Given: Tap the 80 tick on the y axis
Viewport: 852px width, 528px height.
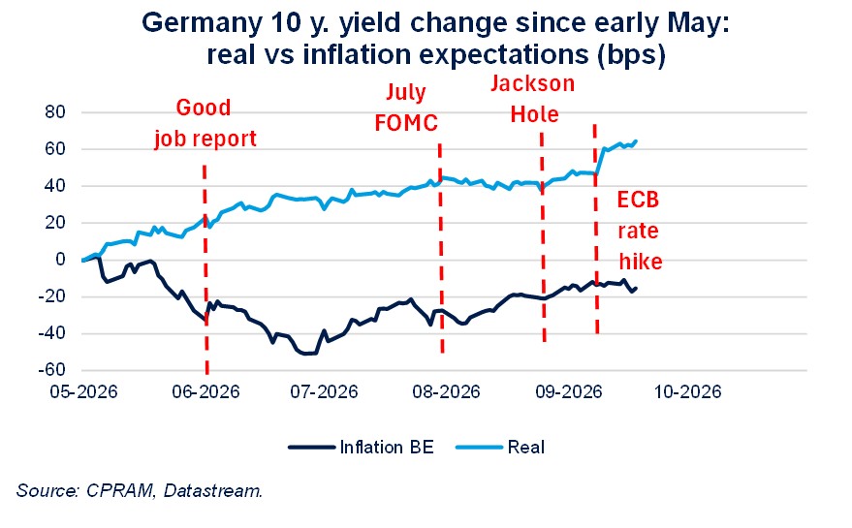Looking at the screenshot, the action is pos(54,112).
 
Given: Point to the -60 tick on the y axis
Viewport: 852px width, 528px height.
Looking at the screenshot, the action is pos(51,369).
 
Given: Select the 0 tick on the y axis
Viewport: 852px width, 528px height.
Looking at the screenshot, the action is pos(60,259).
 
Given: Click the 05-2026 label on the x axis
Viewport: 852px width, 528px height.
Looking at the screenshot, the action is pos(83,391).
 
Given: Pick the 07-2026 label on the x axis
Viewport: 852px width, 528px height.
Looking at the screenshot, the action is pos(325,391).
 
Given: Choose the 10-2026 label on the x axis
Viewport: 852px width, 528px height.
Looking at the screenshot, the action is pos(687,391).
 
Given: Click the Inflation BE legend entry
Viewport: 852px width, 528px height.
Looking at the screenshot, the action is pos(362,447).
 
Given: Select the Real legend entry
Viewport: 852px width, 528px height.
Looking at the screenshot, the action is pos(500,447).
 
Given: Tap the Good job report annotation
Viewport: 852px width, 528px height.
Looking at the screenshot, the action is pos(205,123).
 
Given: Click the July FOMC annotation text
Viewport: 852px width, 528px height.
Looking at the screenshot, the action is pos(406,108).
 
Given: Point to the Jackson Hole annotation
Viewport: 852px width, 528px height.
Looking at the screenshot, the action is pos(533,99).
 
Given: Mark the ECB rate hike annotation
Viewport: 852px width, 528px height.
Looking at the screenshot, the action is pos(640,231).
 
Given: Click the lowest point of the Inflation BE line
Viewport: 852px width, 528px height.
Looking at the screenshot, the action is pos(307,354).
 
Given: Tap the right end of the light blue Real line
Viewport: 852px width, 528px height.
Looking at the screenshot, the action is pos(636,141).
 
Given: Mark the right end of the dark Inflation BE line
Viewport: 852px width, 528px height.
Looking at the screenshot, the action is pos(636,288).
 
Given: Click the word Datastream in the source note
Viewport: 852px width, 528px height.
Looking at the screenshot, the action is pos(213,490).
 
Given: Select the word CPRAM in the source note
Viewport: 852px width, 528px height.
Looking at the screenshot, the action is pos(119,490).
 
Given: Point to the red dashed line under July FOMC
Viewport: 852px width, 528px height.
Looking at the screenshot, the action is pos(441,248).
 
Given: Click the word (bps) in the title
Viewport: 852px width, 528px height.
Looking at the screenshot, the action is pos(631,55).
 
